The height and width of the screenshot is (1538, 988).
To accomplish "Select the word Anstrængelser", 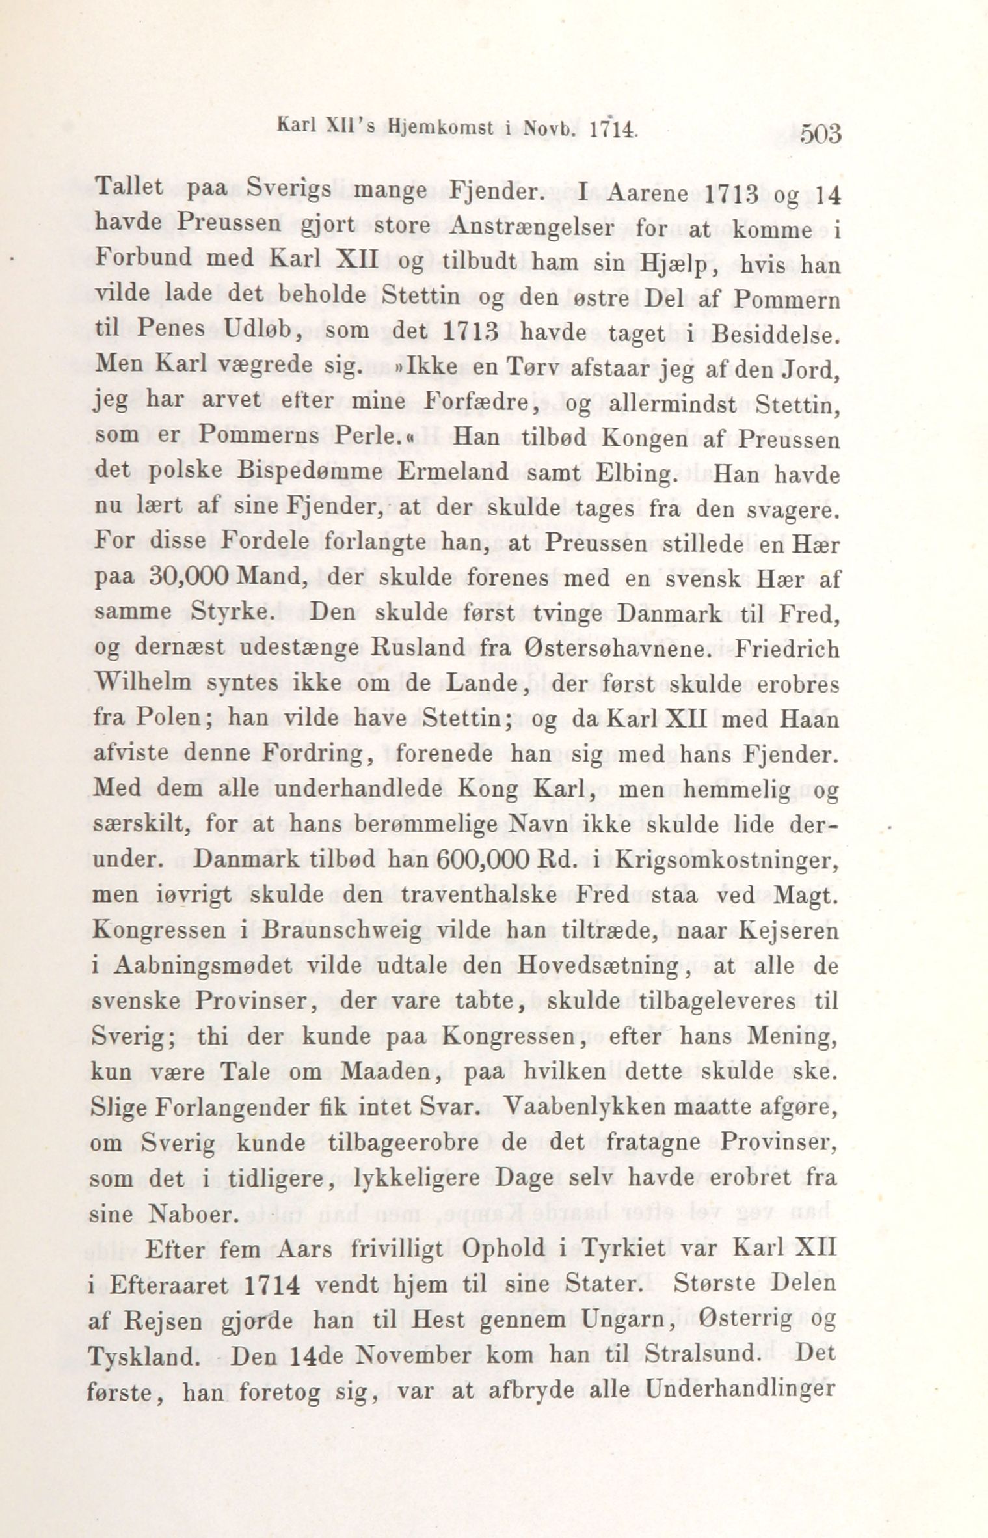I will coord(537,227).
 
